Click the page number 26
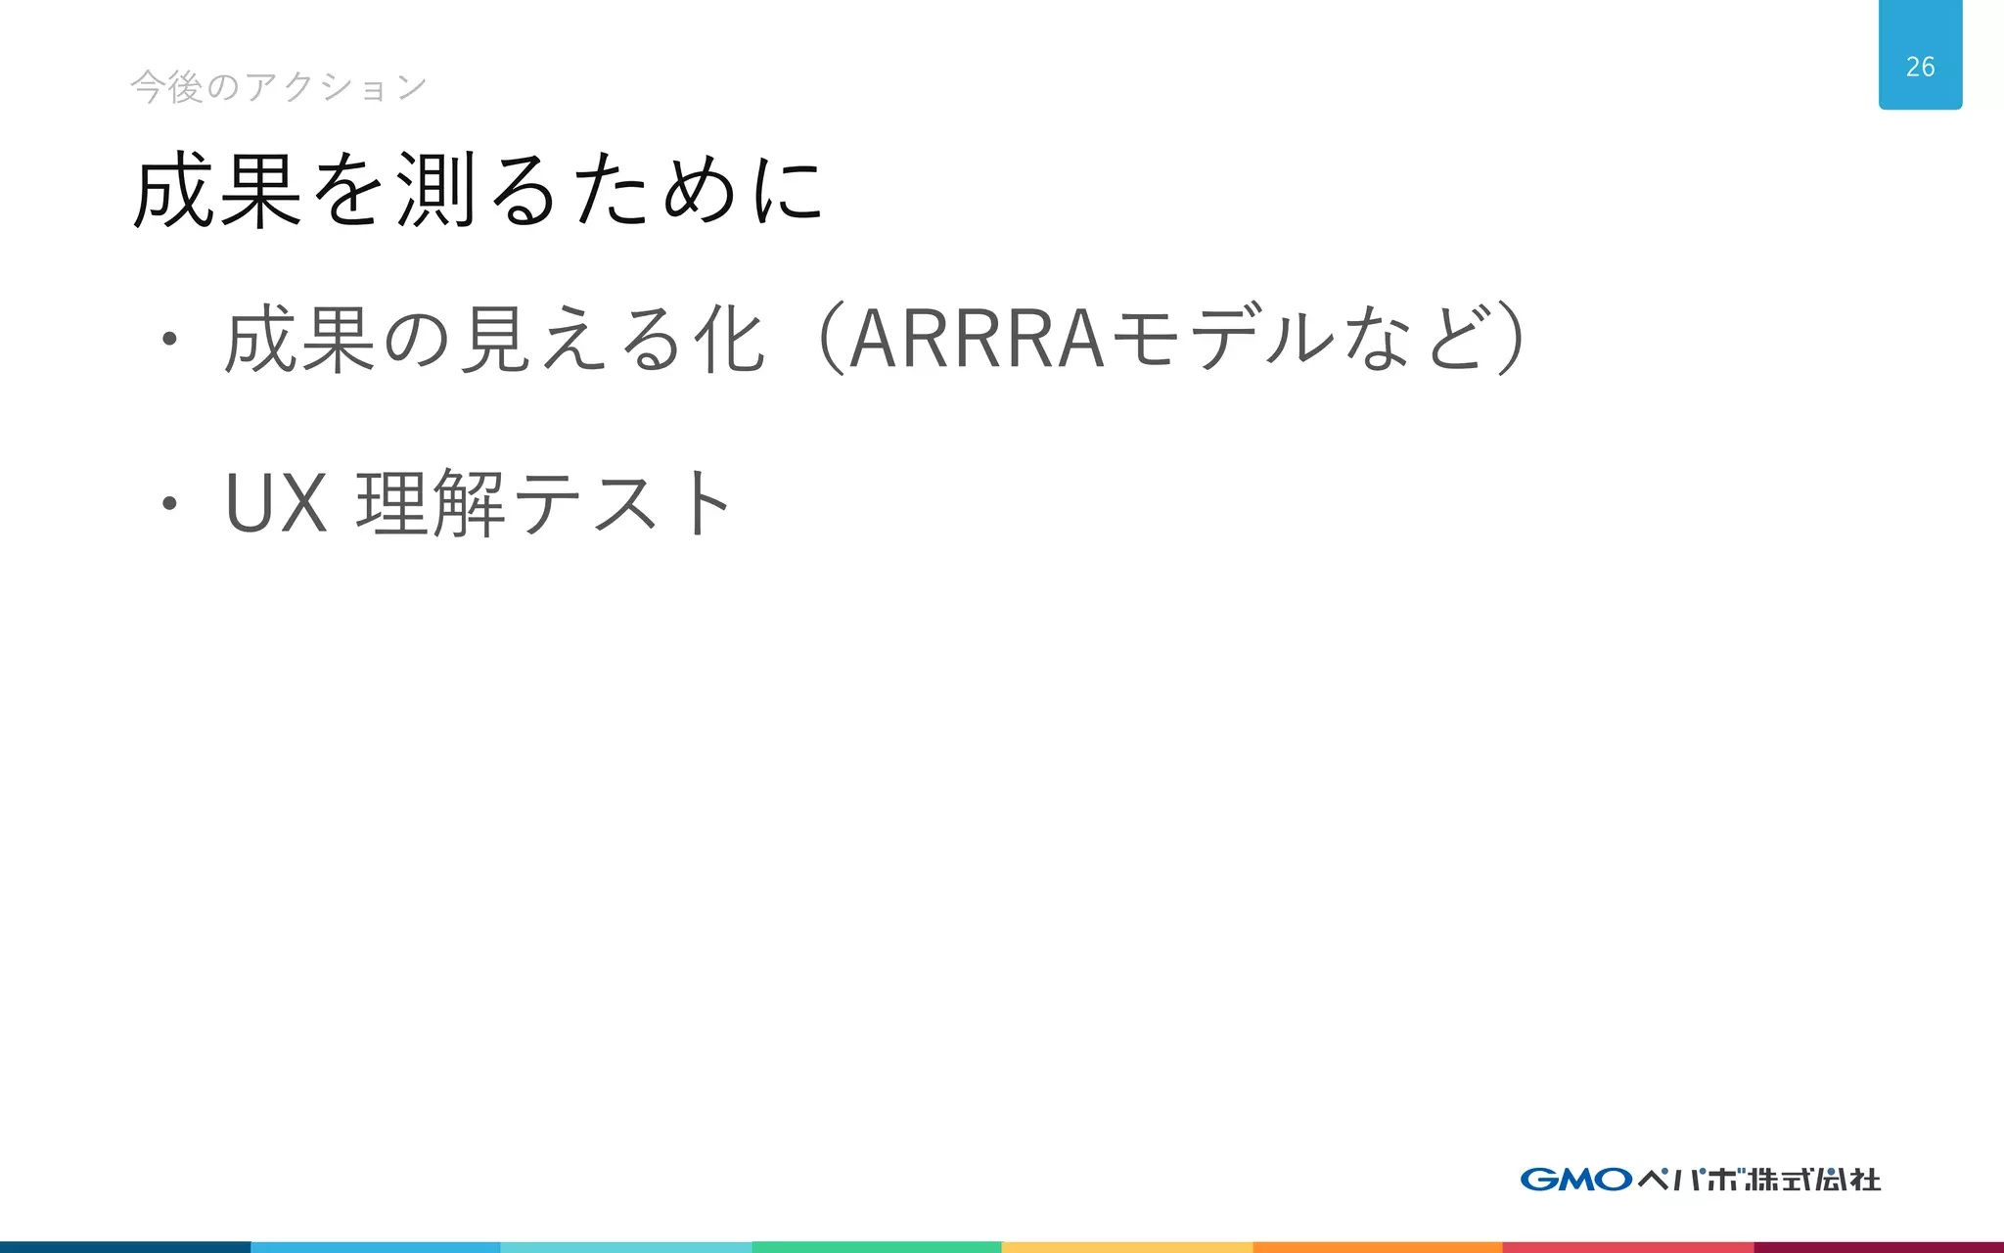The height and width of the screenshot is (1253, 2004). coord(1920,67)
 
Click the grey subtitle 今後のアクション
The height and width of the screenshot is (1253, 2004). coord(279,87)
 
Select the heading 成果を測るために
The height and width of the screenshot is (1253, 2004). coord(478,190)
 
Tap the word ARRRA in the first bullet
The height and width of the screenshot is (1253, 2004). coord(977,340)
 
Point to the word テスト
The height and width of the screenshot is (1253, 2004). coord(621,503)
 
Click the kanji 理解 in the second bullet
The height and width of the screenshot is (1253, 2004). coord(431,503)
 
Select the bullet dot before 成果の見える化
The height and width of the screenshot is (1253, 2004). coord(169,340)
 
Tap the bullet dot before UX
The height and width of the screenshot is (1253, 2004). coord(169,504)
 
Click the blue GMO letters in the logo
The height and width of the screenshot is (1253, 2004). coord(1575,1179)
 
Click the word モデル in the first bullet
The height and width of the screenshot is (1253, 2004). coord(1223,340)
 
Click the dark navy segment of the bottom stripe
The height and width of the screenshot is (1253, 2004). coord(125,1247)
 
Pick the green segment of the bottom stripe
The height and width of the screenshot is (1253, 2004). coord(877,1247)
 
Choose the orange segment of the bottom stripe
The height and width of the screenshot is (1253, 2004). coord(1378,1247)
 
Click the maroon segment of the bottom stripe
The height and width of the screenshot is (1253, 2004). coord(1879,1247)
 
